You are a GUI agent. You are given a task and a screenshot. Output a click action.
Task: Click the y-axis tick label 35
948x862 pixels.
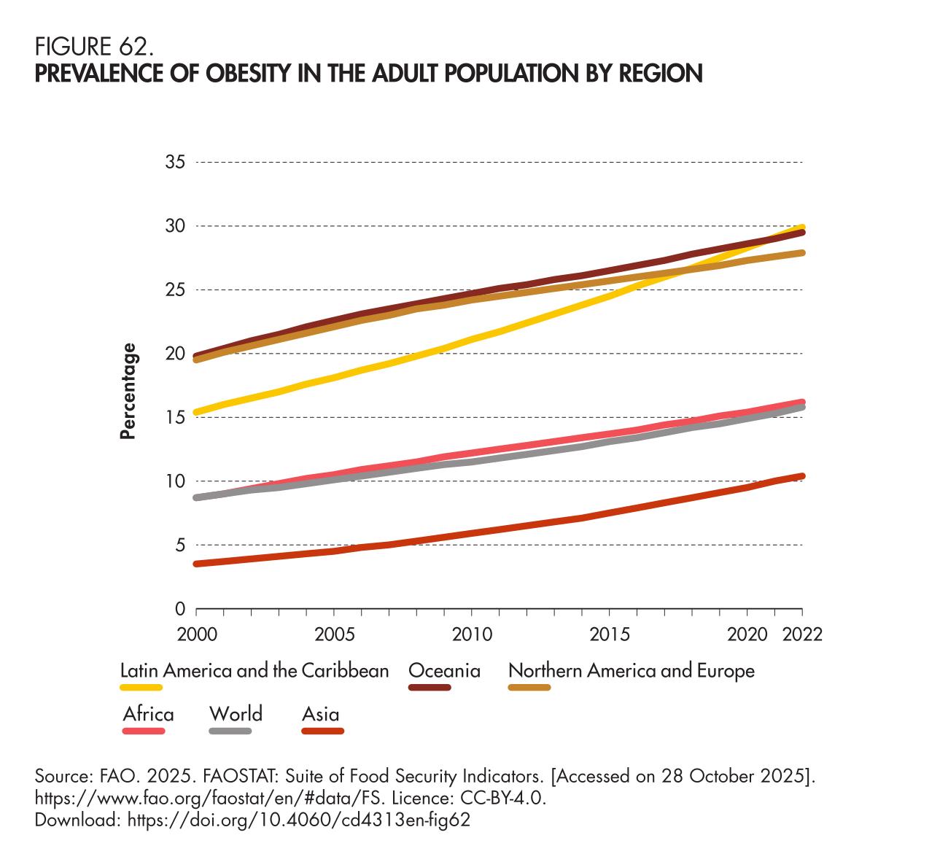[x=176, y=162]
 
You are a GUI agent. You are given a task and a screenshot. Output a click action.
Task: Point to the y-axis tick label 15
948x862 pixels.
[x=176, y=418]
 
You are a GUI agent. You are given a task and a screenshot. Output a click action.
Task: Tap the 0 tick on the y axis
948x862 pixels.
[x=180, y=609]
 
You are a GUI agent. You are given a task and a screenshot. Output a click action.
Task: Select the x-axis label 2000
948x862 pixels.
[x=198, y=632]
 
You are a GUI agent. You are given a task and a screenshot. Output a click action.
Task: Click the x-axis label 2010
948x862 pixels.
[x=470, y=632]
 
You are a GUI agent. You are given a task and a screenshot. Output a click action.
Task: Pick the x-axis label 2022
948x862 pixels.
[x=802, y=632]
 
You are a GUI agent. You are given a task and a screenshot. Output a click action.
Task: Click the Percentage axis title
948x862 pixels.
[x=128, y=391]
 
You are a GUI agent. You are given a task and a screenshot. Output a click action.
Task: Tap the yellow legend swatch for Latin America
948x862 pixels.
[x=141, y=687]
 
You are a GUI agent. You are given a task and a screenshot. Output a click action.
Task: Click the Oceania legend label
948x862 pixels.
[x=444, y=670]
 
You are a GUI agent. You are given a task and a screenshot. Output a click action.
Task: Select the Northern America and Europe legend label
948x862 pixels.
[x=631, y=670]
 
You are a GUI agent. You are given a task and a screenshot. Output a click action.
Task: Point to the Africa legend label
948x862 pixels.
[x=148, y=713]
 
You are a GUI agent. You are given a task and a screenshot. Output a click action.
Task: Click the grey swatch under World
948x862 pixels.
[x=230, y=730]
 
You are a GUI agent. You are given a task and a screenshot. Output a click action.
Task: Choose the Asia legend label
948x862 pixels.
[x=321, y=713]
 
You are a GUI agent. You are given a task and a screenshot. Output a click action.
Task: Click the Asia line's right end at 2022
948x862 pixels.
[x=802, y=476]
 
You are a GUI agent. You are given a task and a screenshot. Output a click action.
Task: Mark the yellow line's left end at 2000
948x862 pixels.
[x=198, y=412]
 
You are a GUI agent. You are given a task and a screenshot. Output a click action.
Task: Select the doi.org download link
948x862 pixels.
[x=298, y=820]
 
